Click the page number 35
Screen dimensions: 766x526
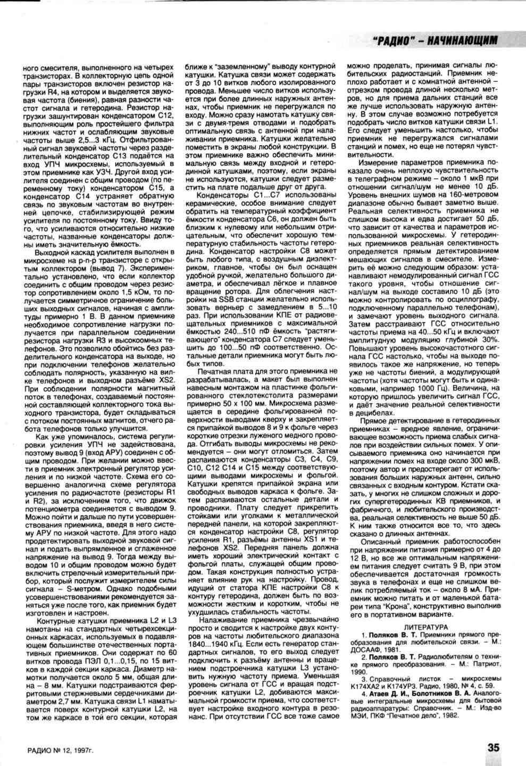point(494,747)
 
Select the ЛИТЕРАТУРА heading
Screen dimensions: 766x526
point(426,628)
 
